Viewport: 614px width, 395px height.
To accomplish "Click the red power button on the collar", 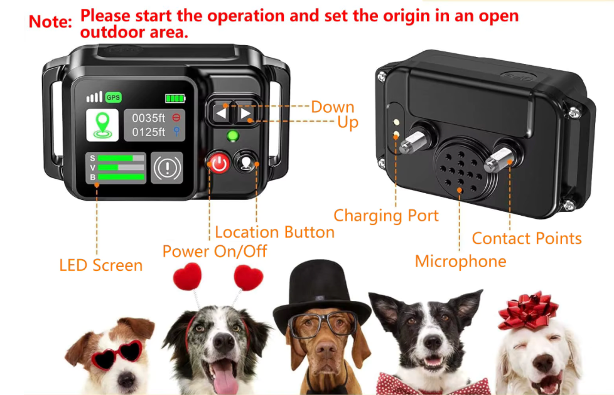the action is pyautogui.click(x=219, y=162).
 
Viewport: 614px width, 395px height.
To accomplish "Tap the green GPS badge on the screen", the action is pyautogui.click(x=113, y=97).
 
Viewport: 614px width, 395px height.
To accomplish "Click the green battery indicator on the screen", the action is pyautogui.click(x=175, y=98).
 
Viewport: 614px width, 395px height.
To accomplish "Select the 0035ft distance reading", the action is pyautogui.click(x=148, y=118).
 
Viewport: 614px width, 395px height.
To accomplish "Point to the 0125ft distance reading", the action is pyautogui.click(x=148, y=132).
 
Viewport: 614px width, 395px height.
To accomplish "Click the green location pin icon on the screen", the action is pyautogui.click(x=102, y=125).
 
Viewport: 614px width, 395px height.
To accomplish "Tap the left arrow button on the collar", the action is pyautogui.click(x=221, y=113).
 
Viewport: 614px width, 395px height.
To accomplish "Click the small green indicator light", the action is pyautogui.click(x=233, y=136).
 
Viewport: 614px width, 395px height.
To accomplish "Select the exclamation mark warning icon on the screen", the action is pyautogui.click(x=167, y=168).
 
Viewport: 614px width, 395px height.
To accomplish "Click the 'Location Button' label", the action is pyautogui.click(x=275, y=233).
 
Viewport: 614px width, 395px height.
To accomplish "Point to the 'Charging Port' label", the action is pyautogui.click(x=386, y=216).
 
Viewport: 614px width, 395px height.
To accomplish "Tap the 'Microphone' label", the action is pyautogui.click(x=461, y=261).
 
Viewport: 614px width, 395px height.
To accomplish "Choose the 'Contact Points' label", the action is pyautogui.click(x=527, y=238).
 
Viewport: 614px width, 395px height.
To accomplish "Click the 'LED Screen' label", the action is pyautogui.click(x=100, y=265).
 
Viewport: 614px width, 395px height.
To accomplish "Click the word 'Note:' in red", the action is pyautogui.click(x=50, y=21).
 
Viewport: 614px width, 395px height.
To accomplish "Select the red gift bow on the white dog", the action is pyautogui.click(x=527, y=310).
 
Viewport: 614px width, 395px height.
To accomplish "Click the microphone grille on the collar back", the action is pyautogui.click(x=461, y=169).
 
